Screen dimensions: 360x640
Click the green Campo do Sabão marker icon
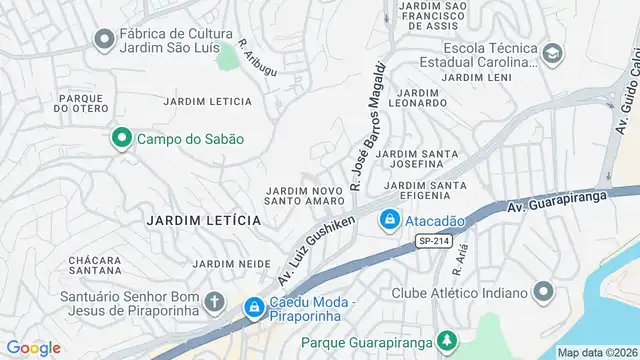coord(122,139)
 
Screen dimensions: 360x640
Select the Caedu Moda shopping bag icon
coord(254,307)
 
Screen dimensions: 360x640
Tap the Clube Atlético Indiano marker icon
coord(543,292)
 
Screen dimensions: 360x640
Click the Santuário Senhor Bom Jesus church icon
coord(214,301)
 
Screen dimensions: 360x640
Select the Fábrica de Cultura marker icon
coord(102,39)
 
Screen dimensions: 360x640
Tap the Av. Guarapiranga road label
coord(573,210)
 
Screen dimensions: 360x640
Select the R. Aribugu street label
coord(259,56)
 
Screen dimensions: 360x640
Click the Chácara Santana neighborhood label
coord(95,265)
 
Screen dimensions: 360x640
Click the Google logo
coord(33,347)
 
